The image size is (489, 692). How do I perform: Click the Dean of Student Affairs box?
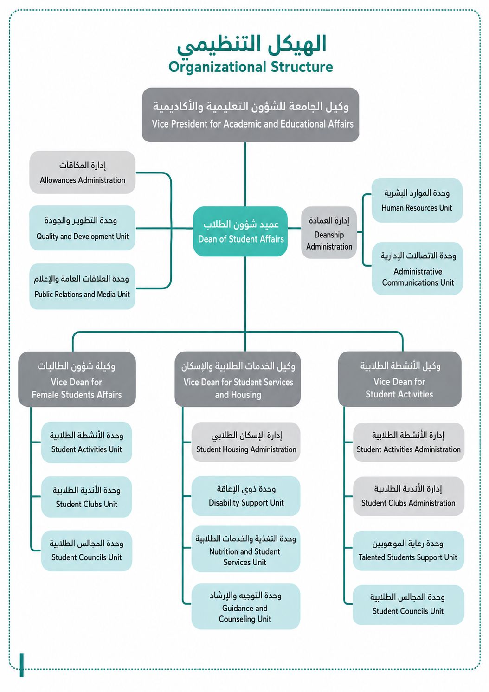coord(240,231)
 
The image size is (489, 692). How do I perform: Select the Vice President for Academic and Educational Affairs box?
coord(251,115)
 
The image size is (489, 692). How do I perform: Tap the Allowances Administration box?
coord(82,173)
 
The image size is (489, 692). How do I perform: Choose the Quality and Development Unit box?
coord(82,228)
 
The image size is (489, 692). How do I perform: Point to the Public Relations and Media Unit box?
coord(82,286)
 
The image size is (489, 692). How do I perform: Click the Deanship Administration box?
coord(329,232)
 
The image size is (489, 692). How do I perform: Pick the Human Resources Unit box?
coord(417,200)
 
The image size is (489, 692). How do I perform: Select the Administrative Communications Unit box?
coord(417,269)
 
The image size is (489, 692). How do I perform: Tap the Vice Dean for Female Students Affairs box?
coord(77,379)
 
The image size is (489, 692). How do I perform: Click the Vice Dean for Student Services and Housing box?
coord(238,379)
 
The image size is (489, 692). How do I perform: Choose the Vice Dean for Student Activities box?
coord(399,379)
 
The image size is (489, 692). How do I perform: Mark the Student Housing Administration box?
coord(246,442)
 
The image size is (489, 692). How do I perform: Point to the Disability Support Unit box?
coord(246,496)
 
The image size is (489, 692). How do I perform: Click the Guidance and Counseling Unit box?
coord(246,606)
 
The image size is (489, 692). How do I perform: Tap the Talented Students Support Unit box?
coord(408,551)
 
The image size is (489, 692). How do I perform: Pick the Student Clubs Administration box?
coord(409,496)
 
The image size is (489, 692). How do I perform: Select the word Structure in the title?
coord(302,67)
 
